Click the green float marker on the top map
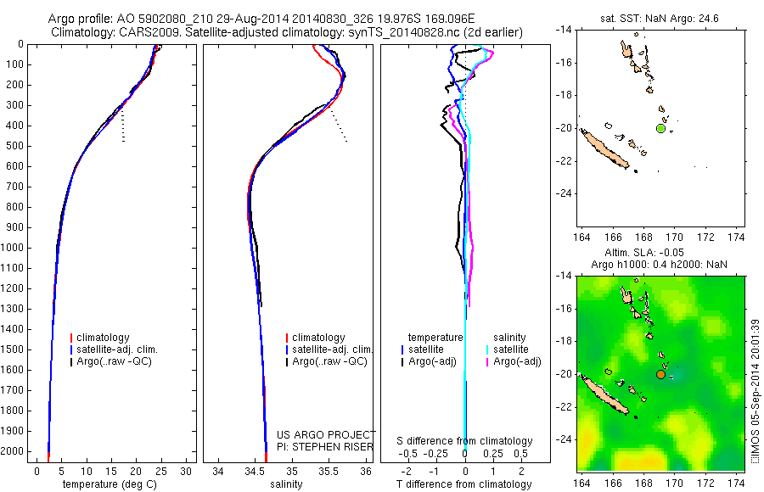coord(660,128)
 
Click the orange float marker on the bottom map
coord(660,373)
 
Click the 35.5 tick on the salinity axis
coord(329,471)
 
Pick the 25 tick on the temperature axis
coord(162,471)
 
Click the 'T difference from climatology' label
coord(464,484)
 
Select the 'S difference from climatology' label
coord(464,441)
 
